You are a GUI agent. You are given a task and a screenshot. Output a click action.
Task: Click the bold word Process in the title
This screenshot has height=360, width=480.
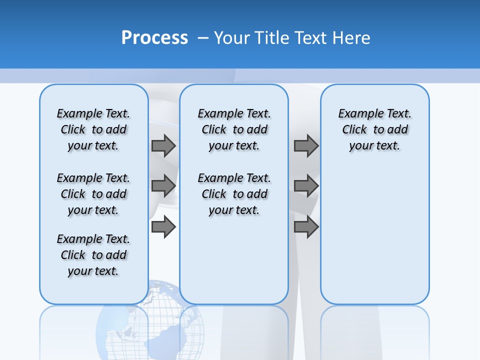pos(154,38)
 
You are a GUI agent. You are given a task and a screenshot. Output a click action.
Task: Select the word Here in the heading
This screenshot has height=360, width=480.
pos(350,38)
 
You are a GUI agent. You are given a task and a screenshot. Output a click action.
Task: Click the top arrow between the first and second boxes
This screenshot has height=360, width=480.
pos(163,145)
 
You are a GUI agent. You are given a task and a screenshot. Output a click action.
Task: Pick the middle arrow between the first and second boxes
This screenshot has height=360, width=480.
pos(163,186)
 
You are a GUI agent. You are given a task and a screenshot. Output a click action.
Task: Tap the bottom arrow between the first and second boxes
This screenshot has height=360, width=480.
pos(163,227)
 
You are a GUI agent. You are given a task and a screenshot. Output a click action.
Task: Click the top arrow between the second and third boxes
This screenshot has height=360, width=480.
pos(306,145)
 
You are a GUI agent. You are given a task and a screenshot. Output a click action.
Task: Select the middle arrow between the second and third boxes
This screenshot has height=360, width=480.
pos(306,186)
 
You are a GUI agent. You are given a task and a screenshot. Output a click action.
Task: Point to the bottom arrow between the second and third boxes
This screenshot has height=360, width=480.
pos(306,227)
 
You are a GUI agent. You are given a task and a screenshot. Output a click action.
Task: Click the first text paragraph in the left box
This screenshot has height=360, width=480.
pos(93,129)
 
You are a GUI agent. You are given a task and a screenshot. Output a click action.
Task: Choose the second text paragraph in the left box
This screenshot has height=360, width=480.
pos(93,194)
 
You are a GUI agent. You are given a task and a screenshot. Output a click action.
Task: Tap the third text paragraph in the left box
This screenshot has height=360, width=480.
pos(93,255)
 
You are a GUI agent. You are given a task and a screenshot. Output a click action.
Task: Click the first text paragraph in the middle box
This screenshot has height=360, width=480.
pos(234,129)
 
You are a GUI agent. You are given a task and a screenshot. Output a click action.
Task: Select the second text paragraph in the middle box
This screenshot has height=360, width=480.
pos(234,194)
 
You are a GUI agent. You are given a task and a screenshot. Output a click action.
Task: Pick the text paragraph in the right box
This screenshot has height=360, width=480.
pos(374,129)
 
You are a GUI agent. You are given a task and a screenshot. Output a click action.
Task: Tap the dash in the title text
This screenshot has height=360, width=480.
pos(203,38)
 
